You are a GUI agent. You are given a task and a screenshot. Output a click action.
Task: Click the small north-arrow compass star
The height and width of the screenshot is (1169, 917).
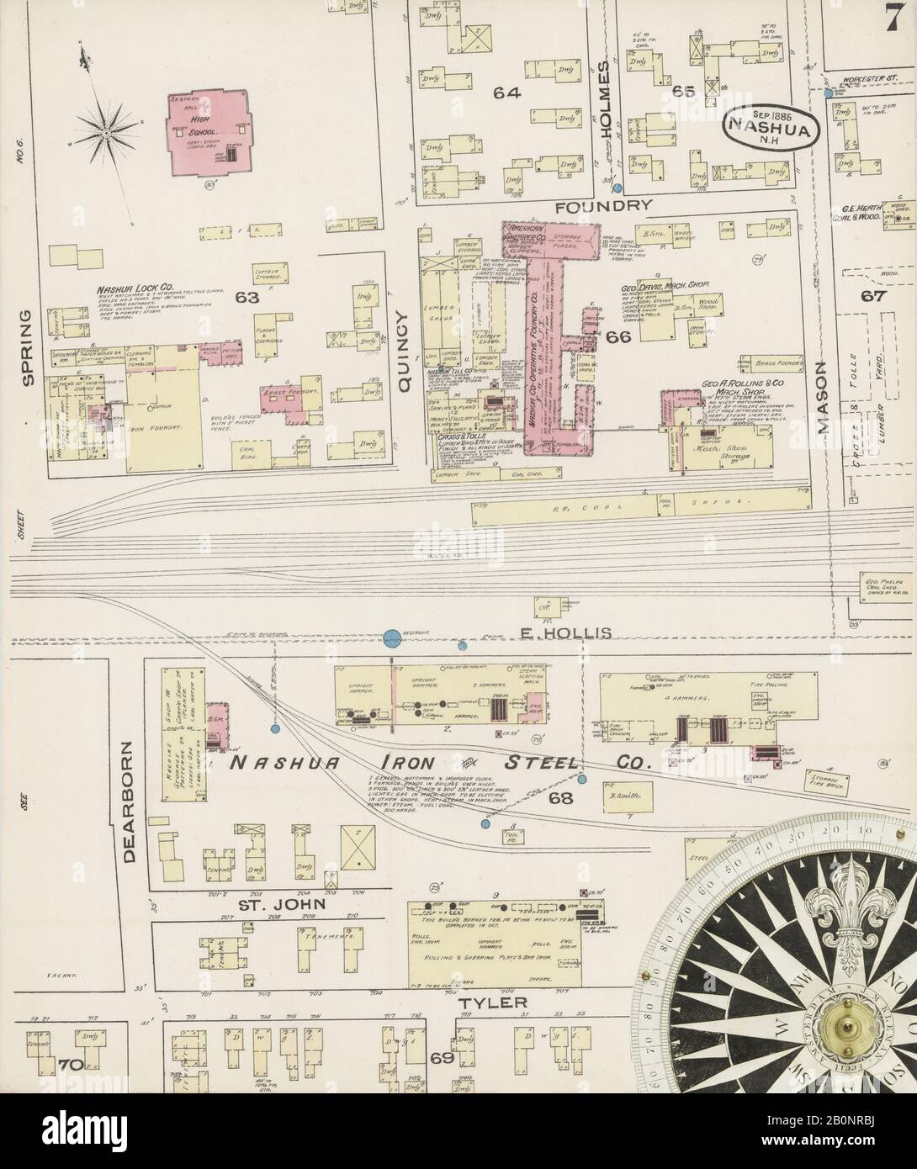click(107, 132)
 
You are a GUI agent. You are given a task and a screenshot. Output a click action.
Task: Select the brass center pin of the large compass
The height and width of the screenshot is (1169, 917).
click(846, 1025)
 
